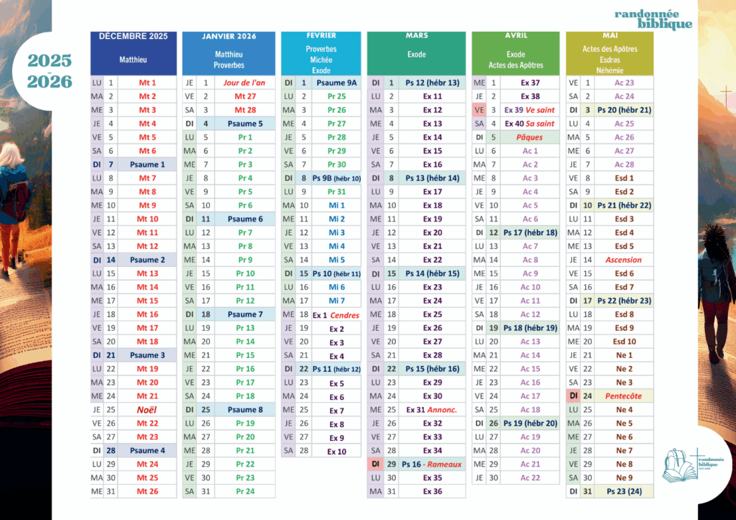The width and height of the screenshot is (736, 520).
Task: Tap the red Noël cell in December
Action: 147,410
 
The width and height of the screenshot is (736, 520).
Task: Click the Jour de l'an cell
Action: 244,83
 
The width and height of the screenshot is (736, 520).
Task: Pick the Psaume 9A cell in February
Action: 336,83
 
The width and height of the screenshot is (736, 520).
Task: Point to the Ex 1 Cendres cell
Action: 336,315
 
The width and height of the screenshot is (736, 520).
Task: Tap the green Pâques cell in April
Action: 530,137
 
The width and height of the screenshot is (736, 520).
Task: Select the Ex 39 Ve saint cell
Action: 530,110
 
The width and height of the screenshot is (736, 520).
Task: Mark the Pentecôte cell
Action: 624,396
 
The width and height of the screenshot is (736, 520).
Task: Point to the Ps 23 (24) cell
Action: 624,492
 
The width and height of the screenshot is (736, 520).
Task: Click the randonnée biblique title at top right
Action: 653,19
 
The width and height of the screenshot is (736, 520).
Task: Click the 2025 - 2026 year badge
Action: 50,70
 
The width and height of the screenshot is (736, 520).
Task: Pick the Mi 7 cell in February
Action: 336,301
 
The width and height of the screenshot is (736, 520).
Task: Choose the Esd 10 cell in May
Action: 624,342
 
